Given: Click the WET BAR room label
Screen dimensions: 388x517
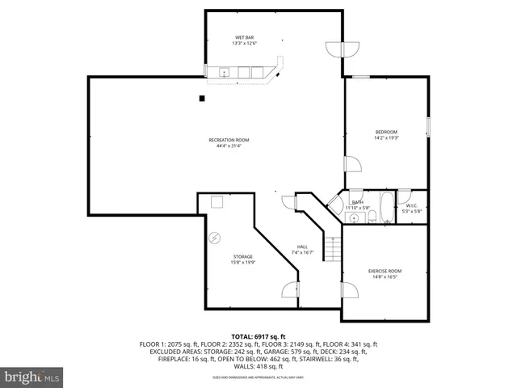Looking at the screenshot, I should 245,40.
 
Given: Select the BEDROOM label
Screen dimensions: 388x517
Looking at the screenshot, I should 386,134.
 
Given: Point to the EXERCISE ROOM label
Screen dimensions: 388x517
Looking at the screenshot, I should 385,273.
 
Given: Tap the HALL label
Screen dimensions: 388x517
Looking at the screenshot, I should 302,249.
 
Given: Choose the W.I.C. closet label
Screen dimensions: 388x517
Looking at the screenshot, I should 413,209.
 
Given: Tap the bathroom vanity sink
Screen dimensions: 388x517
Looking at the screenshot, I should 353,219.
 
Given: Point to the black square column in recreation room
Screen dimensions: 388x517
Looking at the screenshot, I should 202,99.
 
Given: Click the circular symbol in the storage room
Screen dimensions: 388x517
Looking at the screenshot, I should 215,238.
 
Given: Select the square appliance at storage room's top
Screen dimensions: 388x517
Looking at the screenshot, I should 217,202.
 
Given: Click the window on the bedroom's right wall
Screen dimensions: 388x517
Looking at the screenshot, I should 427,127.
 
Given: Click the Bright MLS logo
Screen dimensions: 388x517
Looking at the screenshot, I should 32,376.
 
